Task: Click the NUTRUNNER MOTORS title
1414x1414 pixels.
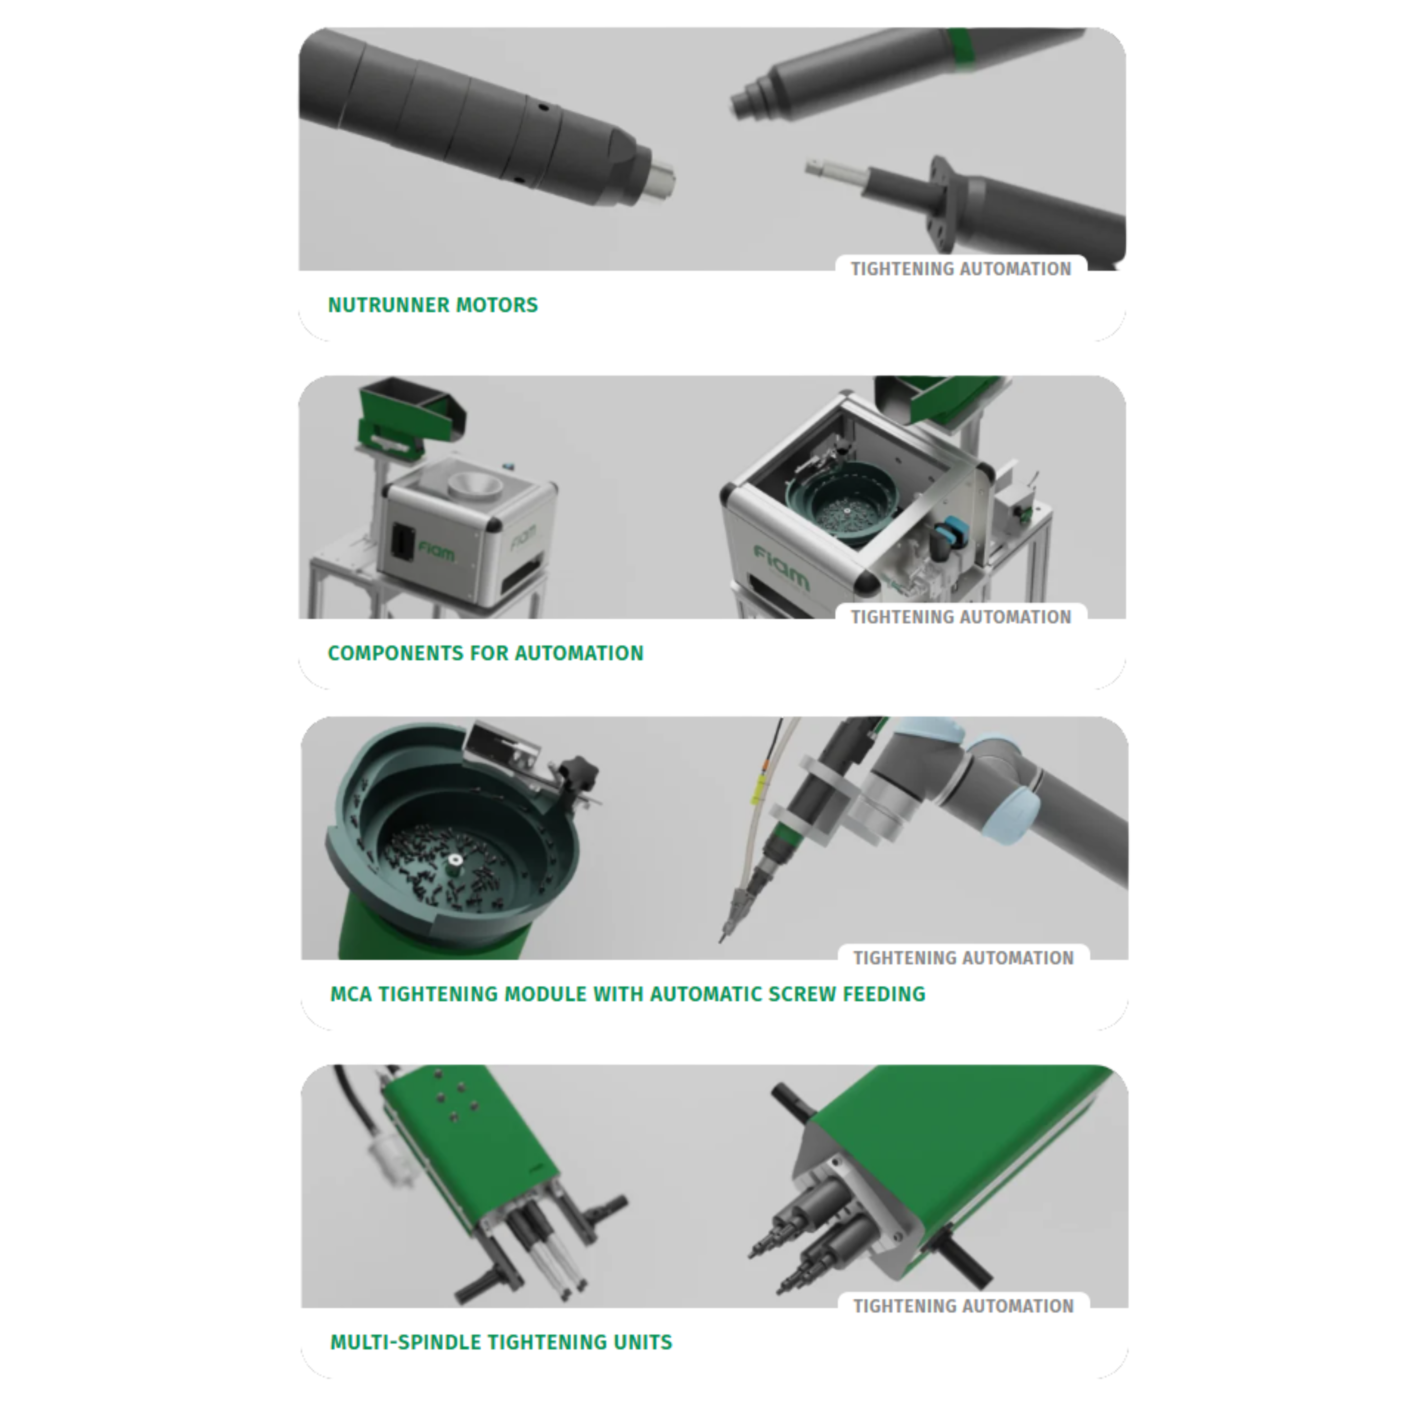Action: (x=432, y=305)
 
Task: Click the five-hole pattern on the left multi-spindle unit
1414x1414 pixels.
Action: (x=455, y=1098)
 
